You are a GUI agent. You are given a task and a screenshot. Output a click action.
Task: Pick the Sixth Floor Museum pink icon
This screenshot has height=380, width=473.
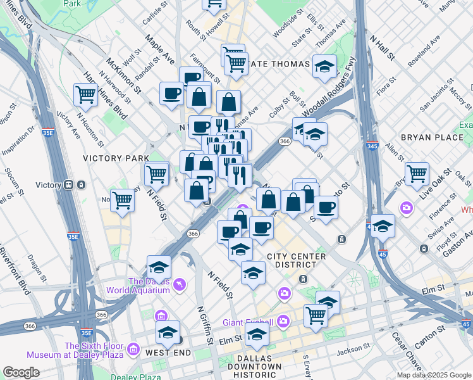click(133, 349)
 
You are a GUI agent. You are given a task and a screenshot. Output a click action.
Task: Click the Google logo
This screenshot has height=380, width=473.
click(21, 372)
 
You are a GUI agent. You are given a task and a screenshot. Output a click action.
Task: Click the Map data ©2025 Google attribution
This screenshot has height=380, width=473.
click(434, 375)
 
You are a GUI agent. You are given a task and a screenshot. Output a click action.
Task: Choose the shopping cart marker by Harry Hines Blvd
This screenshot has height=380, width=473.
click(85, 95)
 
